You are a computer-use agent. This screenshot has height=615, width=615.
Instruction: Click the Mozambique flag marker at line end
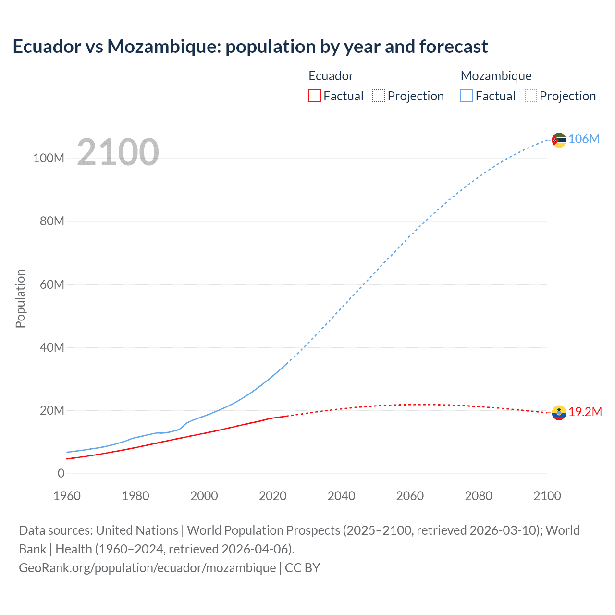(x=559, y=140)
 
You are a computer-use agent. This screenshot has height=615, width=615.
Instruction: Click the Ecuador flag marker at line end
(x=559, y=412)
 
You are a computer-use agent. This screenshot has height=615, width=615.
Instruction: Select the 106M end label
(x=584, y=139)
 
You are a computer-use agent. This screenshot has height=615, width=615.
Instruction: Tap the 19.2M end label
(x=585, y=412)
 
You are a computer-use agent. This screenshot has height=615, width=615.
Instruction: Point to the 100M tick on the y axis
(x=49, y=158)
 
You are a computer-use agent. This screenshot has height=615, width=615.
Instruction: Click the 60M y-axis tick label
(x=52, y=284)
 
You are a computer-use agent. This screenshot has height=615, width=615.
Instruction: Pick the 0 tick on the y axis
(x=61, y=473)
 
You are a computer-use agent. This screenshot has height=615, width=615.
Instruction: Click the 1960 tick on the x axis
(x=67, y=496)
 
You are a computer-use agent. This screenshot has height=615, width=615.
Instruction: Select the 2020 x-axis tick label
(x=272, y=496)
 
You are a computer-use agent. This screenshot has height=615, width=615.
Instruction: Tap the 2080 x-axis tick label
(x=479, y=496)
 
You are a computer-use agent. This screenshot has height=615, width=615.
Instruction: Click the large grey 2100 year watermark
(x=118, y=152)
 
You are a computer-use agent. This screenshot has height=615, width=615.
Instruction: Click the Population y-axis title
(x=20, y=298)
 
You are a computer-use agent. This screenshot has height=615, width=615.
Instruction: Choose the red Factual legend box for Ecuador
(x=314, y=96)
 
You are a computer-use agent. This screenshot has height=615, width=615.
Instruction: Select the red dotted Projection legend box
(x=379, y=96)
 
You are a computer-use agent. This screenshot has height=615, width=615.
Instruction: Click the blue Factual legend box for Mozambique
(x=467, y=96)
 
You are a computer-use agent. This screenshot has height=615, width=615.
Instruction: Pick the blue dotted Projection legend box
(x=531, y=96)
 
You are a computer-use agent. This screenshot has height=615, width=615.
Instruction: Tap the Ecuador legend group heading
(x=331, y=76)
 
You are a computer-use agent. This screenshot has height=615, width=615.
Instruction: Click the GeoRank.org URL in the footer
(x=147, y=567)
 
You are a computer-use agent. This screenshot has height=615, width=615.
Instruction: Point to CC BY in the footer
(x=302, y=567)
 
